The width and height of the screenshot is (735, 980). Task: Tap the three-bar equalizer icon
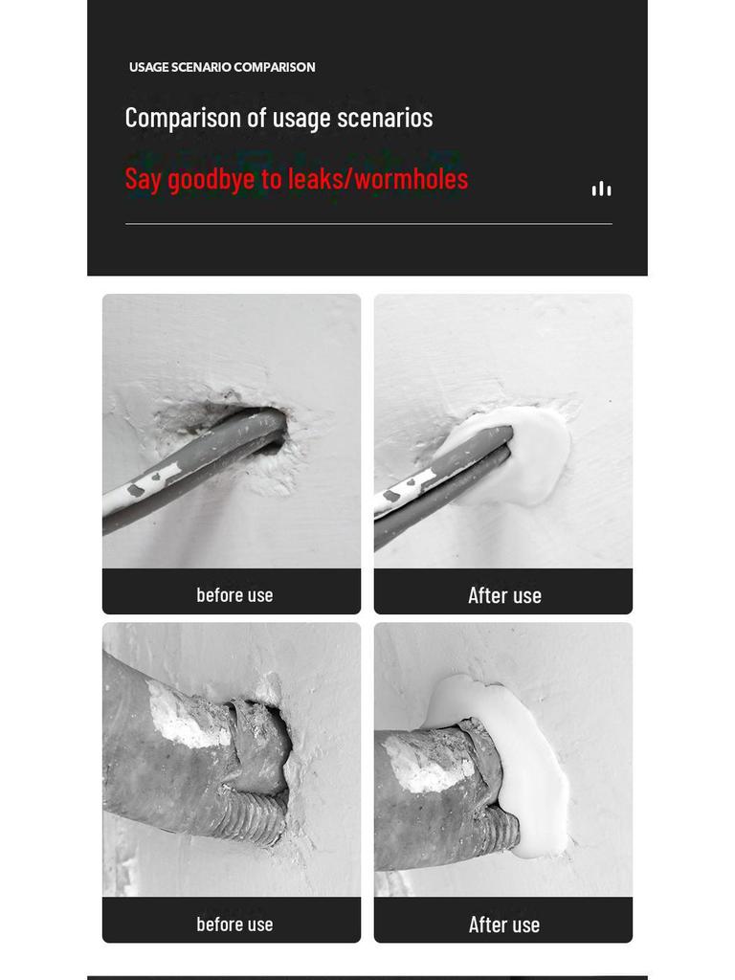[601, 189]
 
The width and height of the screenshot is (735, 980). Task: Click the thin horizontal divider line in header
[368, 223]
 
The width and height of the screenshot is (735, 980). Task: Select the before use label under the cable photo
[234, 594]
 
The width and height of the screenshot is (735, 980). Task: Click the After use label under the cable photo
[504, 595]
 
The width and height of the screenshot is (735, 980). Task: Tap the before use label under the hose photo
[234, 924]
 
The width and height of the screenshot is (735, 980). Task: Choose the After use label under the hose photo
[504, 924]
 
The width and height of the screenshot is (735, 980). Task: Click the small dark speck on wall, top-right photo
[610, 401]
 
